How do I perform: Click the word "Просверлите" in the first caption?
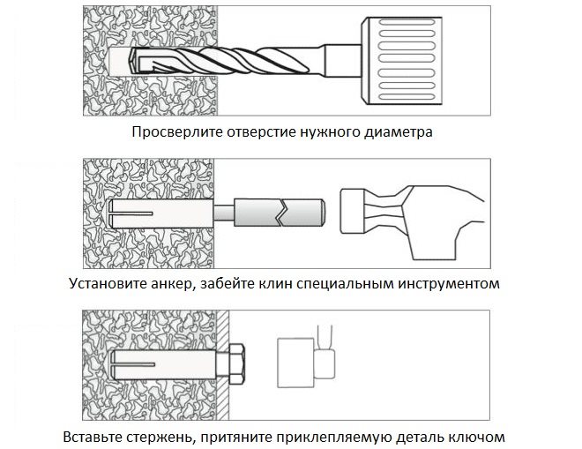(173, 133)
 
